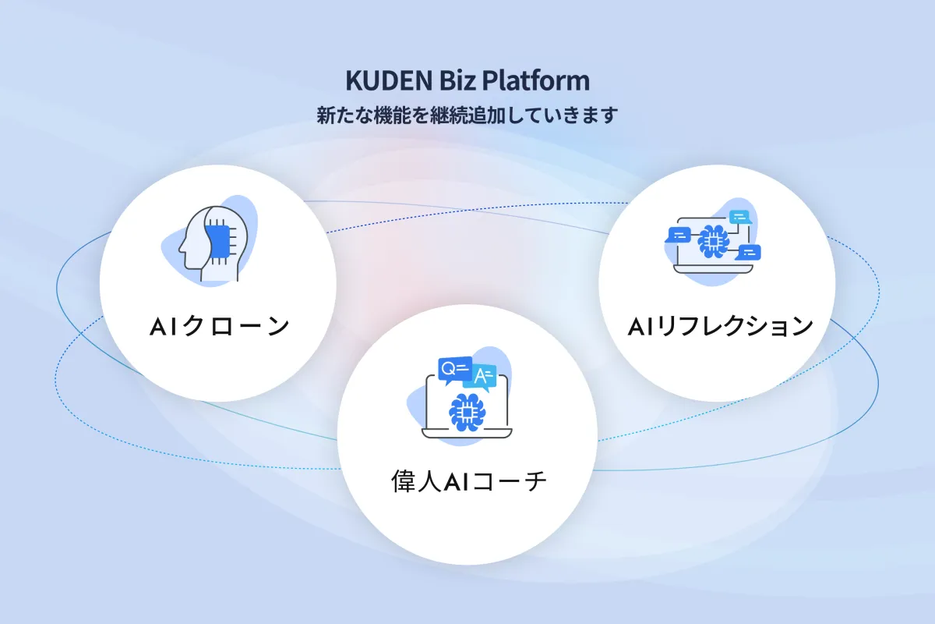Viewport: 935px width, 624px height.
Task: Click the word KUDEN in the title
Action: point(389,80)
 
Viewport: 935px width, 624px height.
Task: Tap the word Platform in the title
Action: point(536,80)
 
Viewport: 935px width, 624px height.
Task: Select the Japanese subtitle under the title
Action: point(467,115)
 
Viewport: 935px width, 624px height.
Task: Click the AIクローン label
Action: point(219,326)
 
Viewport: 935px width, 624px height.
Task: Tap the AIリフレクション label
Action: point(720,326)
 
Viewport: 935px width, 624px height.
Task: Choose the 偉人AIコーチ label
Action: point(468,481)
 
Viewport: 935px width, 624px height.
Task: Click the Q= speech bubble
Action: point(454,370)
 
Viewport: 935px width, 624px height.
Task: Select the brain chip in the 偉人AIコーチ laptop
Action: point(467,413)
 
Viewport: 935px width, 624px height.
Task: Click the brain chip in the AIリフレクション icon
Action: point(713,242)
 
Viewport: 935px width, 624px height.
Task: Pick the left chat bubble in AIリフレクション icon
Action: point(679,235)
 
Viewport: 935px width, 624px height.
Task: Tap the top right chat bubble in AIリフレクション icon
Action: point(739,217)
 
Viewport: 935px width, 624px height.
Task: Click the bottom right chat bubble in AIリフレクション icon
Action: point(749,253)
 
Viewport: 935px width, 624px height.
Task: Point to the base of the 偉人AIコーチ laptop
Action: point(467,434)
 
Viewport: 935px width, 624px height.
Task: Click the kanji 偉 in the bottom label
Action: point(404,481)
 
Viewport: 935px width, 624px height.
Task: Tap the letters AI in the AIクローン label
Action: point(164,326)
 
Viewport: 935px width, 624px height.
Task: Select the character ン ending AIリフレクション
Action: point(799,326)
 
